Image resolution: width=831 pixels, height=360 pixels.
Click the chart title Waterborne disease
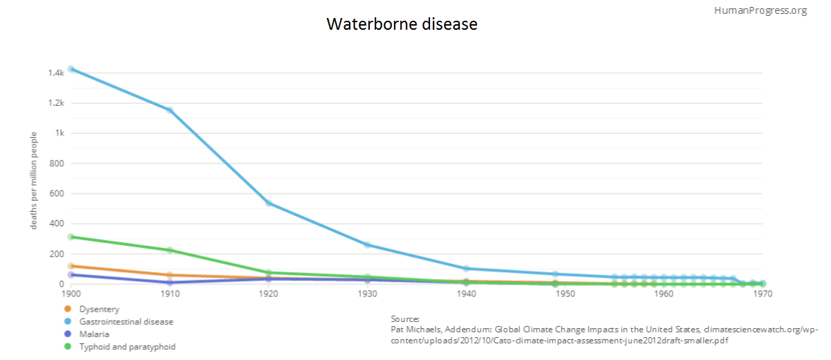402,24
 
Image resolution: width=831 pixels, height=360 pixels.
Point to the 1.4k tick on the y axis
55,73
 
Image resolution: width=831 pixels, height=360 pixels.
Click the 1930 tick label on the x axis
367,294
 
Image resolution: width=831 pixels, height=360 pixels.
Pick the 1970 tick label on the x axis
762,294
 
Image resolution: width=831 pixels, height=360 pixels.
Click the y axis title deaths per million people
33,180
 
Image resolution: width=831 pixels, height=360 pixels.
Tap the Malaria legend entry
95,334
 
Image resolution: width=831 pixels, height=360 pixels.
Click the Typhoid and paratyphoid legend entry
126,346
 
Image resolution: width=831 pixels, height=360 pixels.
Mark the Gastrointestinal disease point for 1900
71,69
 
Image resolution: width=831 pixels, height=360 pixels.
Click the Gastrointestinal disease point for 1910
169,110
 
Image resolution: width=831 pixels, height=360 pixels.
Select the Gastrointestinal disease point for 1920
268,204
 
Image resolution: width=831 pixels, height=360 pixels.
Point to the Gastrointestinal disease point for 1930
367,245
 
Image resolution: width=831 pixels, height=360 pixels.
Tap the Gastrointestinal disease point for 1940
466,269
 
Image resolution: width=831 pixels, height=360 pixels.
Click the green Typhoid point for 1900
71,237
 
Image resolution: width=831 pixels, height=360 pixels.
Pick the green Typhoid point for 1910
169,251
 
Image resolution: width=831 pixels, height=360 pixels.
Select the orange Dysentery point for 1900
71,266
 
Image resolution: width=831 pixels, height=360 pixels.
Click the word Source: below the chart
405,318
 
